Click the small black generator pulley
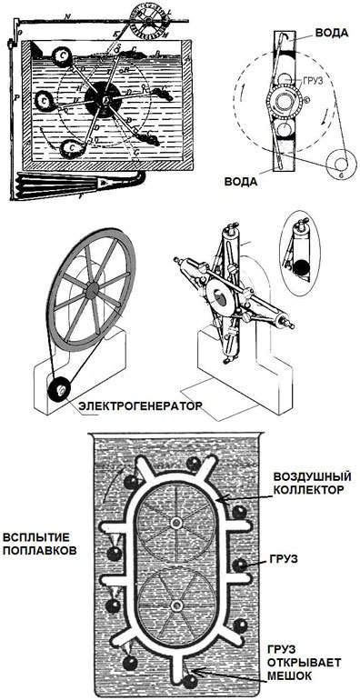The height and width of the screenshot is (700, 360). coord(59,390)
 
